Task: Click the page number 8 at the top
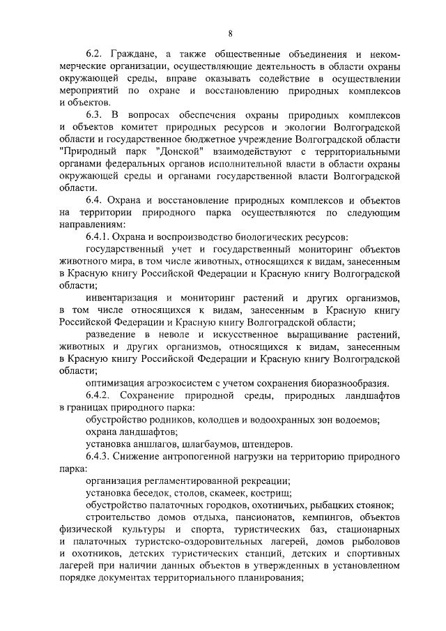(230, 33)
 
